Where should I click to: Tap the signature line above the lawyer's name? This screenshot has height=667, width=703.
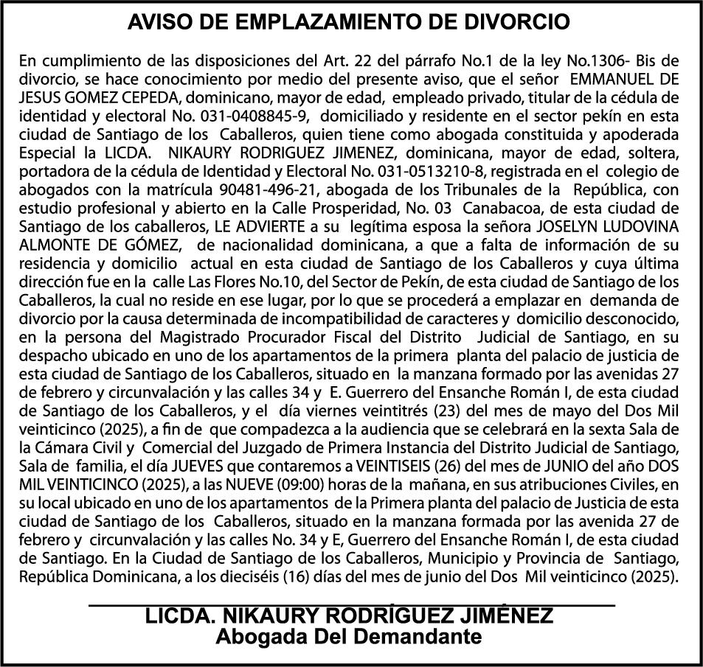click(x=351, y=604)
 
